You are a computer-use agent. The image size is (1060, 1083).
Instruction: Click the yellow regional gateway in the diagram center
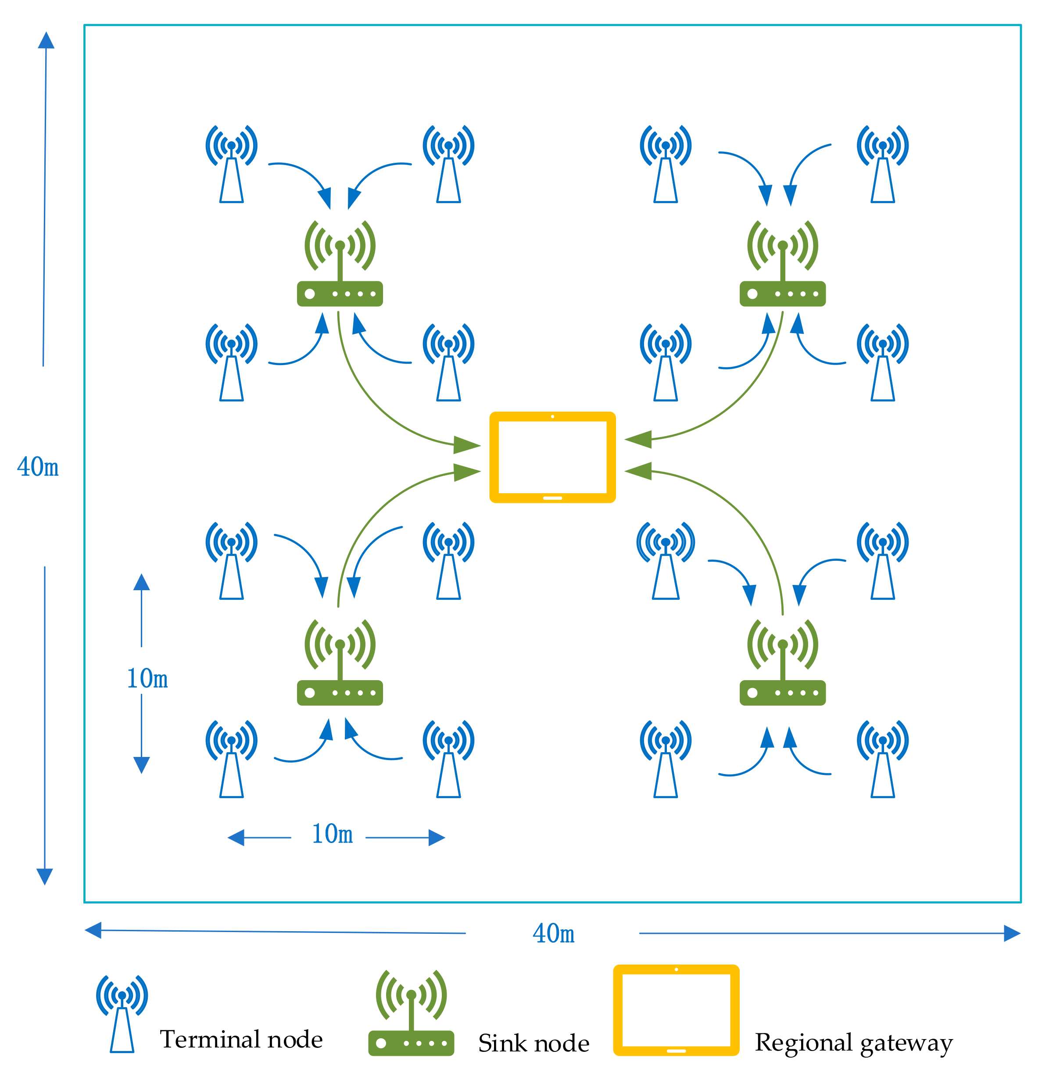[x=552, y=457]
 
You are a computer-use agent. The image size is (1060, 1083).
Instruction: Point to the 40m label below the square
[x=553, y=934]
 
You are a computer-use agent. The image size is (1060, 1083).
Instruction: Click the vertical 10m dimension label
[x=147, y=679]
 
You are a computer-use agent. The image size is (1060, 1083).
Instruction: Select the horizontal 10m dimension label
[x=333, y=834]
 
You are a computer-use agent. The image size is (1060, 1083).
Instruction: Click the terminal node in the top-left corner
[x=231, y=164]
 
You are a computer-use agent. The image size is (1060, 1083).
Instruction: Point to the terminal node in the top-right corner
[x=882, y=164]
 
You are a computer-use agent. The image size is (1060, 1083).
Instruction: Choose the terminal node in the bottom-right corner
[x=882, y=758]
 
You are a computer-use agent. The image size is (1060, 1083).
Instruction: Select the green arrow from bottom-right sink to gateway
[x=746, y=518]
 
